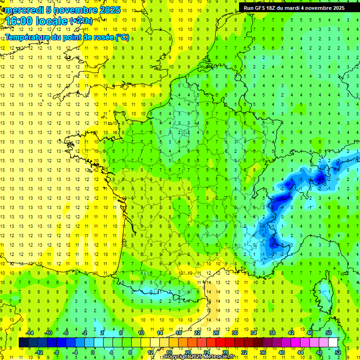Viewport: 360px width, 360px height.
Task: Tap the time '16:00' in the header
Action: point(21,21)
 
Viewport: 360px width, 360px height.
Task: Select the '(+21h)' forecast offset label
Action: point(81,21)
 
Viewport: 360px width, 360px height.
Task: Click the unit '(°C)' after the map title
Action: point(122,37)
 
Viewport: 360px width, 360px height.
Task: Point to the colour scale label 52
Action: point(338,352)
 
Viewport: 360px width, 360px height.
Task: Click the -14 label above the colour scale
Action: point(29,332)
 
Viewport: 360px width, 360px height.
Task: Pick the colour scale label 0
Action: point(93,352)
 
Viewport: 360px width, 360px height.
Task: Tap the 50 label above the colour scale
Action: point(329,332)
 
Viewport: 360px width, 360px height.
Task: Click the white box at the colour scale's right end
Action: point(333,343)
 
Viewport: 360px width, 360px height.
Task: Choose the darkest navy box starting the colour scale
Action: point(23,343)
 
